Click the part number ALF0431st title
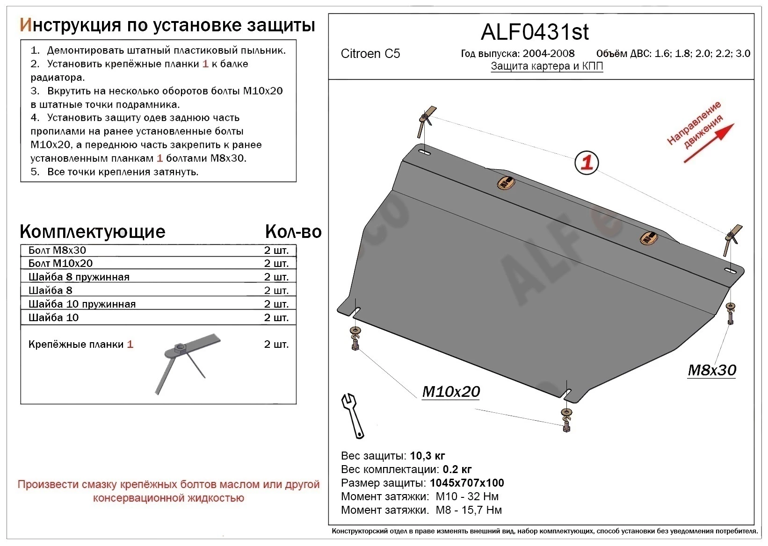[x=535, y=32]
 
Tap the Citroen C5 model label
[x=370, y=54]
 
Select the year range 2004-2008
[x=548, y=54]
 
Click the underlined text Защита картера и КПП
[x=547, y=66]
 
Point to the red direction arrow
[x=709, y=143]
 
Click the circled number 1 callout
[x=586, y=163]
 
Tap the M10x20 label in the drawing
[x=451, y=392]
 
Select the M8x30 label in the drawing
[x=711, y=370]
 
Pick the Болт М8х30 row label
[x=57, y=250]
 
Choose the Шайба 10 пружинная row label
[x=82, y=304]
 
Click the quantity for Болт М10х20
[x=276, y=264]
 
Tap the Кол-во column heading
[x=293, y=232]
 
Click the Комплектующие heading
[x=93, y=232]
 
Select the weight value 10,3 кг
[x=427, y=456]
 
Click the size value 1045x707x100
[x=467, y=483]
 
